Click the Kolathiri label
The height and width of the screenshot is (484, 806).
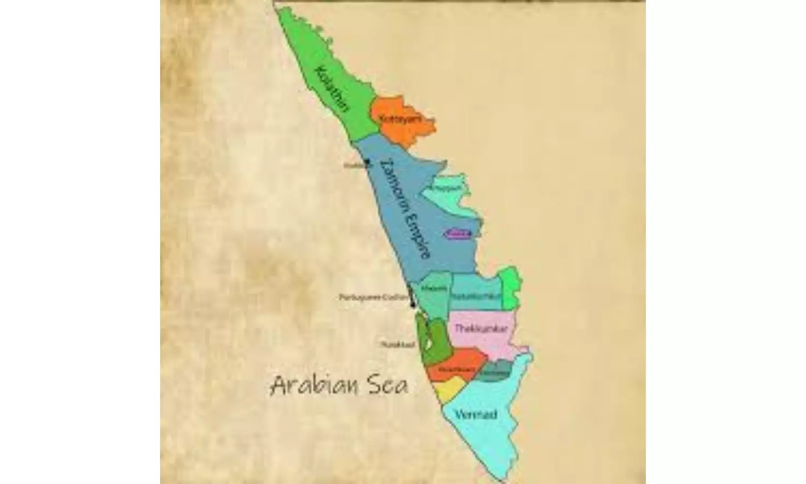pyautogui.click(x=333, y=89)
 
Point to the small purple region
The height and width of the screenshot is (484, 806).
pyautogui.click(x=457, y=233)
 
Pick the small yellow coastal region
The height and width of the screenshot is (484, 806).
pyautogui.click(x=448, y=389)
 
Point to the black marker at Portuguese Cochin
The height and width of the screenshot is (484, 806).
pyautogui.click(x=412, y=302)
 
